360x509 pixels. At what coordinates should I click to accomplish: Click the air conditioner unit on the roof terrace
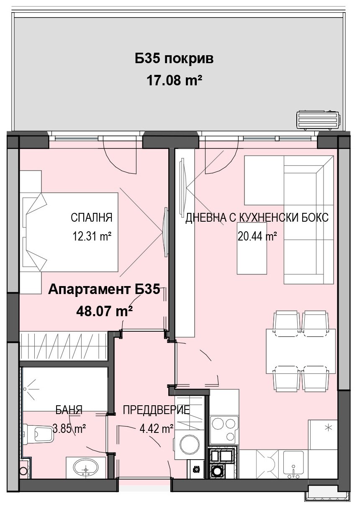[319, 119]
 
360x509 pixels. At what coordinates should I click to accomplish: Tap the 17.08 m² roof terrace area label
[175, 80]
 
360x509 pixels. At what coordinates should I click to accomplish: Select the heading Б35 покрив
[174, 59]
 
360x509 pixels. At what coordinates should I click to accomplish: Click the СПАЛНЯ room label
[91, 217]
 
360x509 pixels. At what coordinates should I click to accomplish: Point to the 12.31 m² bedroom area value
[92, 236]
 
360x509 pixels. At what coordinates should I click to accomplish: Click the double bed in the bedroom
[70, 232]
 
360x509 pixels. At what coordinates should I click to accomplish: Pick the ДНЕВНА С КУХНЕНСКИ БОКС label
[257, 217]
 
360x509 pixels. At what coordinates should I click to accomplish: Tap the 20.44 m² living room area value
[257, 236]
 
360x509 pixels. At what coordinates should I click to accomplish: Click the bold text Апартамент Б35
[104, 290]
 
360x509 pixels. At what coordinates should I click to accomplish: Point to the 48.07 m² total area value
[105, 311]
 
